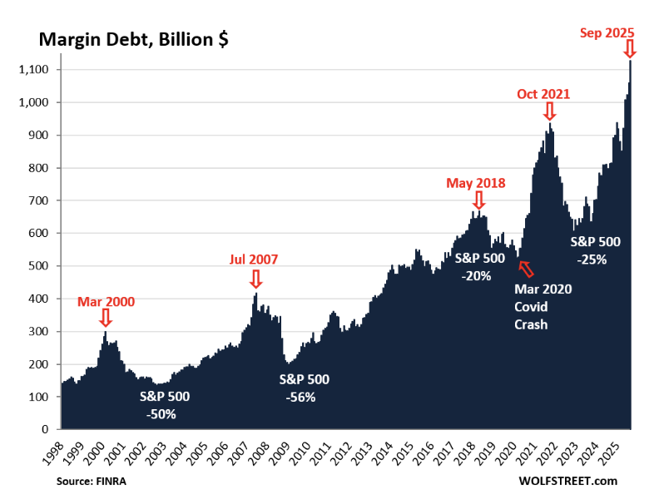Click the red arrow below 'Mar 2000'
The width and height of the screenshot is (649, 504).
pos(105,317)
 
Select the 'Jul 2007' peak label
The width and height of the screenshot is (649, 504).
pos(253,259)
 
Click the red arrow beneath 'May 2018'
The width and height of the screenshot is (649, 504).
pos(478,200)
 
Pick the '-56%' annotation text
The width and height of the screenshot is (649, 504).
pos(304,397)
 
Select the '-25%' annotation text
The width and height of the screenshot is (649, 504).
pos(595,259)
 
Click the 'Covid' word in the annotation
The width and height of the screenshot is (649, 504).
pos(530,306)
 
